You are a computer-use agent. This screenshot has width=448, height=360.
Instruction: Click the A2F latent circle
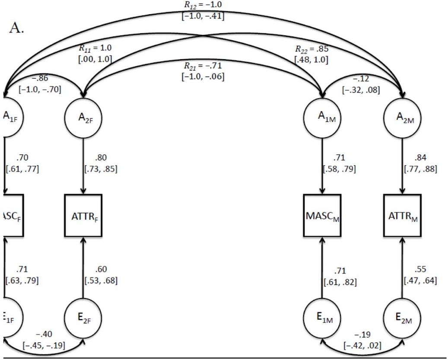coord(83,118)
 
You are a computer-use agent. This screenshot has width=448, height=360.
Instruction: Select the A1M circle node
coord(322,118)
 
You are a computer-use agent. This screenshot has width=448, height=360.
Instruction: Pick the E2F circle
coord(83,319)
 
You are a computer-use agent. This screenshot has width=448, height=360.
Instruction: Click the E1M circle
coord(322,319)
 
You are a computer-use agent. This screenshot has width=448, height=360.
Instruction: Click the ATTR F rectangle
coord(83,215)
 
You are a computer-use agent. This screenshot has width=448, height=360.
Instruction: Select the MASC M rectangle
coord(322,215)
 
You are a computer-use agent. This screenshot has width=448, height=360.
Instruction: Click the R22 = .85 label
coord(310,49)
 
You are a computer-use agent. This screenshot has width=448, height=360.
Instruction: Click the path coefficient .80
coord(102,157)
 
